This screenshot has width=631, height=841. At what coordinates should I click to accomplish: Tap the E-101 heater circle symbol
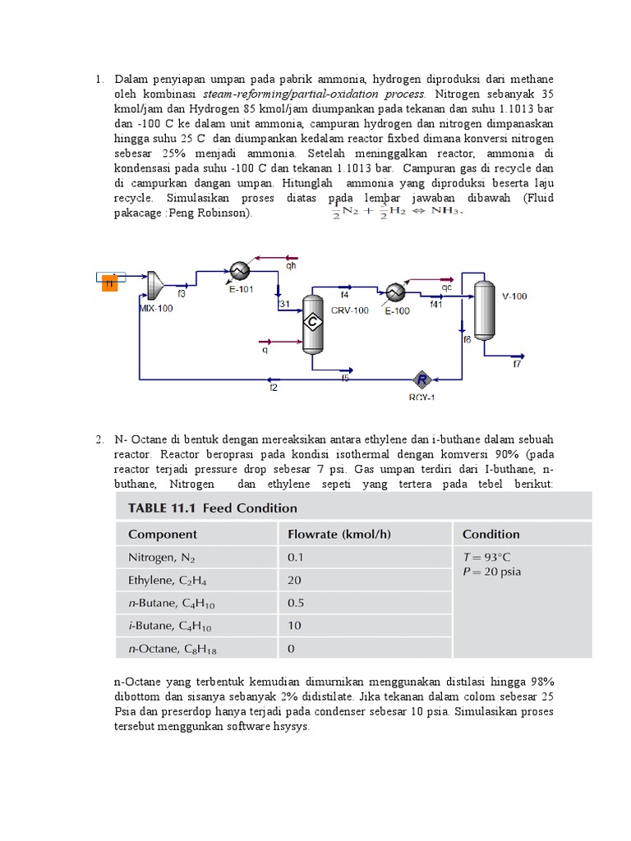239,271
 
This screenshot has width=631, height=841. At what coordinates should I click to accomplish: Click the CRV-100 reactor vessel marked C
312,323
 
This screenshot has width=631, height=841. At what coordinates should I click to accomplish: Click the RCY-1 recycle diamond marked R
421,379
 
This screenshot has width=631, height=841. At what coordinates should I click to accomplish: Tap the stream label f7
517,364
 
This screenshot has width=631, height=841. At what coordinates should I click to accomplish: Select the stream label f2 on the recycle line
274,388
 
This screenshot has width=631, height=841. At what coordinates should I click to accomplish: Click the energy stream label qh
291,266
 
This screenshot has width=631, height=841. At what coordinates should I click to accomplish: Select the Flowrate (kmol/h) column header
339,535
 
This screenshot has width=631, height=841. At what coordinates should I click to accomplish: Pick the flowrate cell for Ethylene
295,580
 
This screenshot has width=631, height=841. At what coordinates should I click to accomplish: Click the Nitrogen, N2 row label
163,558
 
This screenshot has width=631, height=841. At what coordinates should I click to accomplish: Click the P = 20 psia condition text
493,572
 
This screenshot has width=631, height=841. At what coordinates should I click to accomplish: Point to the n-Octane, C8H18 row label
173,649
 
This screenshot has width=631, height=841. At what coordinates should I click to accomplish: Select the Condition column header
491,535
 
